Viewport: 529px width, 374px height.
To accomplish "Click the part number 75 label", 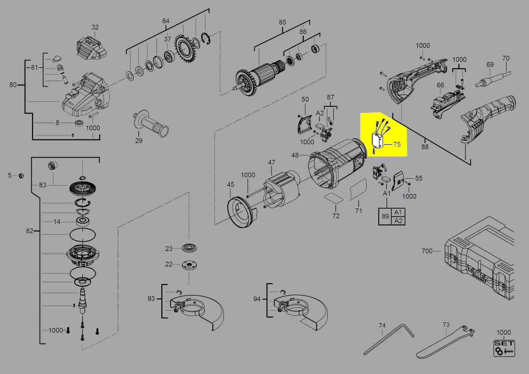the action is click(x=397, y=144).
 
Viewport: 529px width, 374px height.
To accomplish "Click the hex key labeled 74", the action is click(x=389, y=340).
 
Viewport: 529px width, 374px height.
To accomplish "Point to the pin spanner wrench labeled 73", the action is click(x=445, y=343).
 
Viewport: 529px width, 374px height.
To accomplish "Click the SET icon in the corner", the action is click(x=504, y=348).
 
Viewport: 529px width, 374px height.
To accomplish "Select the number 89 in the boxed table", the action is click(x=385, y=216).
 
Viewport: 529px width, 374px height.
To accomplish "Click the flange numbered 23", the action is click(x=190, y=248).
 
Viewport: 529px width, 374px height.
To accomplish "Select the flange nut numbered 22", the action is click(x=190, y=265).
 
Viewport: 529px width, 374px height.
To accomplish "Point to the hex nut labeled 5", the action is click(x=21, y=176).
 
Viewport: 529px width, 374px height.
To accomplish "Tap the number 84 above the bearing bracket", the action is click(x=166, y=21).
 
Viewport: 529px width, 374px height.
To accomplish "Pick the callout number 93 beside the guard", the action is click(x=151, y=299).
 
